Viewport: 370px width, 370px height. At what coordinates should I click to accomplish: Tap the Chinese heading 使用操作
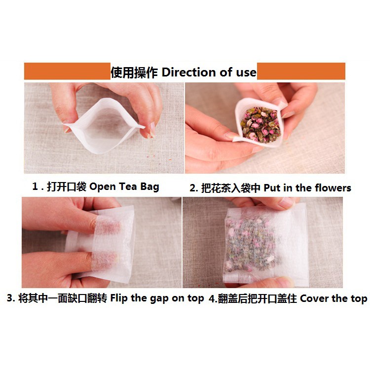134,73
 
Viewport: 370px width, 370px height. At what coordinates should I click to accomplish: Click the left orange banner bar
67,72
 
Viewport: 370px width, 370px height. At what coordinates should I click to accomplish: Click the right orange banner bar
301,72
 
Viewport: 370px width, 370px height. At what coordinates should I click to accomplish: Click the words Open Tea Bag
124,187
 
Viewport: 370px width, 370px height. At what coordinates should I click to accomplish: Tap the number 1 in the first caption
35,187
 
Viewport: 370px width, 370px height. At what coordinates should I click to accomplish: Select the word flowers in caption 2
333,188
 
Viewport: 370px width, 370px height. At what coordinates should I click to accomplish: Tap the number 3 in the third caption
10,298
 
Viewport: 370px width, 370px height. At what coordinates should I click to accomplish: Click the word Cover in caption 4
314,298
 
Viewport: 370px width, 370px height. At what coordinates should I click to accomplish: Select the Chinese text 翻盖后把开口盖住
257,298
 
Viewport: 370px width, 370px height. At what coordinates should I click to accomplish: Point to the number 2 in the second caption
193,188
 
